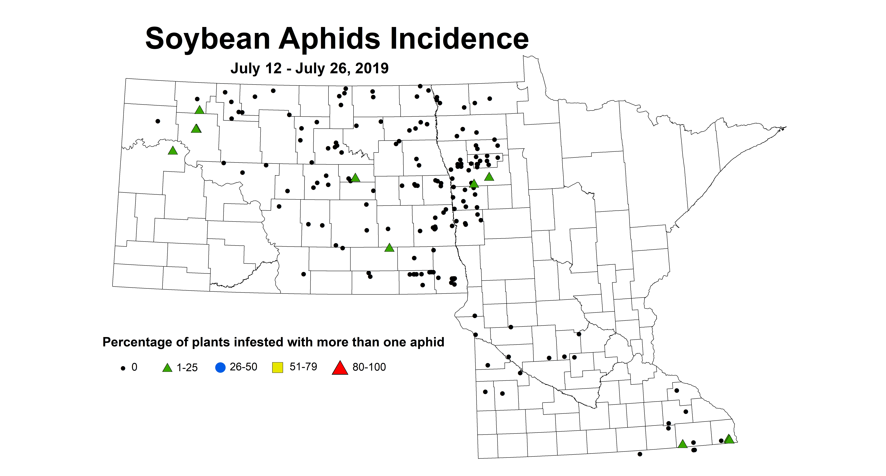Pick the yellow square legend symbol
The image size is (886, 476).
pyautogui.click(x=277, y=367)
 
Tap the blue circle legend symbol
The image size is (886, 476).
pyautogui.click(x=220, y=367)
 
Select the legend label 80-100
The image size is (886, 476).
pyautogui.click(x=369, y=367)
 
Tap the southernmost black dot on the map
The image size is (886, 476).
pyautogui.click(x=640, y=454)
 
